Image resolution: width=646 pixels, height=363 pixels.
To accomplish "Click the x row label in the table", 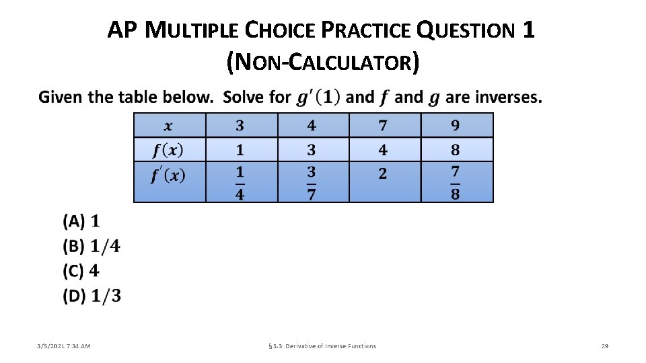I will [168, 126].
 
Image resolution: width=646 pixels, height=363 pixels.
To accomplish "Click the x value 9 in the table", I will [456, 126].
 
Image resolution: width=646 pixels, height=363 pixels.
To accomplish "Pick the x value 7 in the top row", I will [383, 126].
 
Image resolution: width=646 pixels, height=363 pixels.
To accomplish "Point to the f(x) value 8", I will [456, 149].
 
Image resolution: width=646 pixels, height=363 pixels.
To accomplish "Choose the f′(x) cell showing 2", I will [383, 174].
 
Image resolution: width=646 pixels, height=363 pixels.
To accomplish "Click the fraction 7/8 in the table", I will [456, 183].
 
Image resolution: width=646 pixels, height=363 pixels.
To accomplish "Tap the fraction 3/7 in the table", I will [312, 183].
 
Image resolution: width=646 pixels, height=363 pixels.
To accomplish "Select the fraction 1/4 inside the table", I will [240, 183].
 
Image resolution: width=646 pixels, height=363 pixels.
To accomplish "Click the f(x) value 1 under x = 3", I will [240, 149].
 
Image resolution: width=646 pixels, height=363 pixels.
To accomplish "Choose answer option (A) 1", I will [81, 220].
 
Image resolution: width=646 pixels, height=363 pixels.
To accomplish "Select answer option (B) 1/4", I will [92, 246].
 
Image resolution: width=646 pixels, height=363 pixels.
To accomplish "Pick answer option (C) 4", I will [81, 271].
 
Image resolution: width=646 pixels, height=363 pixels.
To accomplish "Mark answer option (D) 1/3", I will [92, 296].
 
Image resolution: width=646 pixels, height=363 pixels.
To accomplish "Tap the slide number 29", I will [604, 346].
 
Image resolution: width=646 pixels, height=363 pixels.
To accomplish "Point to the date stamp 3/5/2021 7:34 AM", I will [64, 346].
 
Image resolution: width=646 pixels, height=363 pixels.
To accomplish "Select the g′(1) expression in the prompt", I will [319, 97].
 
